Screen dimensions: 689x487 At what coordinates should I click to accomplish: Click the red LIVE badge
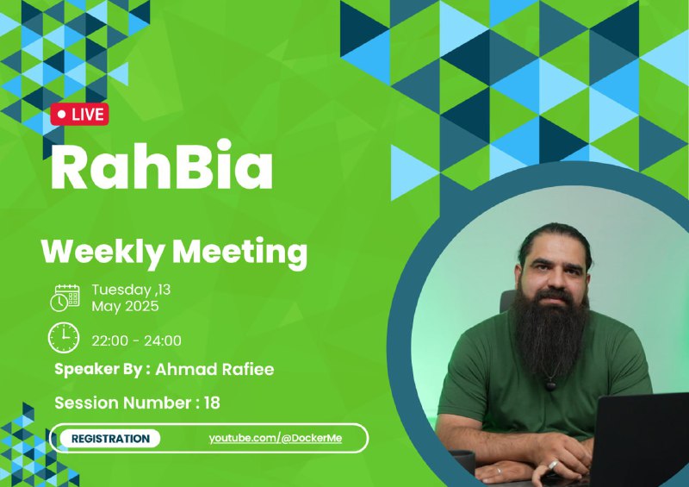pyautogui.click(x=79, y=115)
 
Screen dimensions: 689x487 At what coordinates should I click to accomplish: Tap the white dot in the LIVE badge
pyautogui.click(x=61, y=115)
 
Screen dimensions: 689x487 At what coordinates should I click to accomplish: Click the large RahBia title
pyautogui.click(x=162, y=165)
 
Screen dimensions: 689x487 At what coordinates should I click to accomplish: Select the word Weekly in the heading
pyautogui.click(x=102, y=252)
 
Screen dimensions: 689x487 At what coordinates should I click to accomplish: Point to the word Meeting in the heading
pyautogui.click(x=239, y=252)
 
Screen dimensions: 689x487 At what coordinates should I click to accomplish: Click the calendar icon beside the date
pyautogui.click(x=65, y=298)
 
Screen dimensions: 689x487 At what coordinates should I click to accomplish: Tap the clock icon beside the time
pyautogui.click(x=64, y=337)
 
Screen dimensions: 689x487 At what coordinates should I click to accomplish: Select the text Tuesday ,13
pyautogui.click(x=131, y=290)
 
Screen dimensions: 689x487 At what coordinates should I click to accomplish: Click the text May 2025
pyautogui.click(x=125, y=306)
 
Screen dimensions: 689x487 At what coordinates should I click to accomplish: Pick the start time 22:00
pyautogui.click(x=110, y=340)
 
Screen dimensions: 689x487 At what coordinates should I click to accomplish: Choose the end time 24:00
pyautogui.click(x=163, y=340)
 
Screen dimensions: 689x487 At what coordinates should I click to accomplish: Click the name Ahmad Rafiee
pyautogui.click(x=214, y=369)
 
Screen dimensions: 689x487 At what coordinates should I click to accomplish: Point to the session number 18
pyautogui.click(x=212, y=403)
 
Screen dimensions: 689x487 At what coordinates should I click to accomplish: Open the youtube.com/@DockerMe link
pyautogui.click(x=275, y=438)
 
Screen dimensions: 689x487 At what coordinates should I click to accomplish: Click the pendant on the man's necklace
pyautogui.click(x=549, y=385)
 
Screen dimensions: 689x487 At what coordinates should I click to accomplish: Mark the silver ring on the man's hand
pyautogui.click(x=553, y=465)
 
